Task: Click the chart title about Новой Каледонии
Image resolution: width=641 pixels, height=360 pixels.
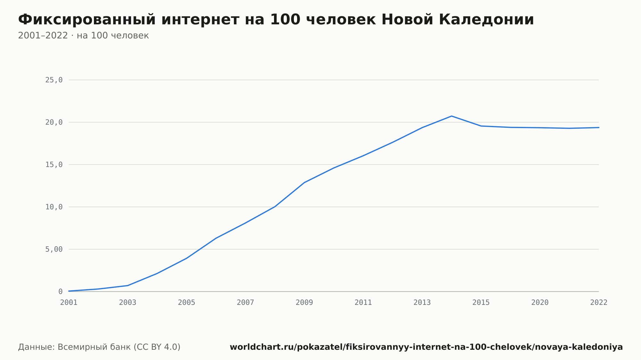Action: coord(276,20)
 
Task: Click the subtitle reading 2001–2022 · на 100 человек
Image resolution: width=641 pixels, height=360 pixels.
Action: coord(83,36)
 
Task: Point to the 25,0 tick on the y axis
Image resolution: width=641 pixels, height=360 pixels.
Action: coord(54,80)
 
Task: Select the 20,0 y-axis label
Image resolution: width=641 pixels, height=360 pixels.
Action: coord(54,122)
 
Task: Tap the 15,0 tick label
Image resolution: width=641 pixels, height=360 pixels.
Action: coord(54,165)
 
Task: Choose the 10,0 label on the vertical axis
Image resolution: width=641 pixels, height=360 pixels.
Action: coord(54,207)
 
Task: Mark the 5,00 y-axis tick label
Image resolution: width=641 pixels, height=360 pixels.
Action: coord(54,249)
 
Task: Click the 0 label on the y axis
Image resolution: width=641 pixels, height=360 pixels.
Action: coord(61,291)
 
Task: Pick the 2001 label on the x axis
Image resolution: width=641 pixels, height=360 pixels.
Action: coord(69,303)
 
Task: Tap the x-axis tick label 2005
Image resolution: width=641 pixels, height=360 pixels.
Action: coord(187,303)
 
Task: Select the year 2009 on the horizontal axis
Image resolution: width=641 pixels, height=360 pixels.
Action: coord(304,303)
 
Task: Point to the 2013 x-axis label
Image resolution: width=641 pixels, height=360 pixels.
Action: coord(422,303)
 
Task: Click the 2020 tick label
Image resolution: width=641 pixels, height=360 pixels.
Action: coord(540,303)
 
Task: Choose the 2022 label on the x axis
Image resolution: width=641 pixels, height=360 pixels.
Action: coord(599,303)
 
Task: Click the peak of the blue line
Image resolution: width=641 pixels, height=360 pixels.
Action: coord(452,116)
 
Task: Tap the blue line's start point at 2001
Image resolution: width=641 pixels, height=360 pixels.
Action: coord(69,291)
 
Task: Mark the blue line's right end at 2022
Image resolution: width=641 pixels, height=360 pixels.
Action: coord(599,127)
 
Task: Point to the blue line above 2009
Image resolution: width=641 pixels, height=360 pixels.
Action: coord(304,183)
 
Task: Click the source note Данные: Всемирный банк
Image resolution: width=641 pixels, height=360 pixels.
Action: coord(99,347)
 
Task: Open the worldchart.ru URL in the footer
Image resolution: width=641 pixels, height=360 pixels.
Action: coord(426,347)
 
